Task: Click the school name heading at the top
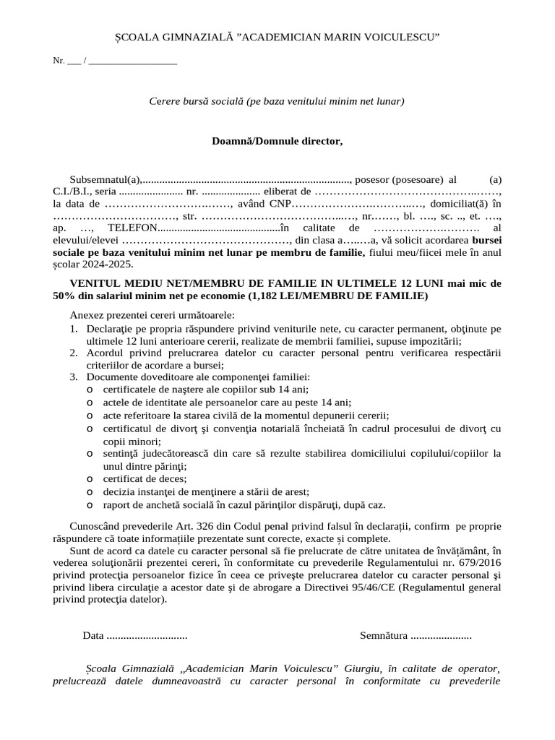[277, 37]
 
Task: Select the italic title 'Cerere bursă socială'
[277, 101]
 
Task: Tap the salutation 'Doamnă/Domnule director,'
[277, 141]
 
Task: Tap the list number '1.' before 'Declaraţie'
[74, 329]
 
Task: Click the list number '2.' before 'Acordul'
[74, 353]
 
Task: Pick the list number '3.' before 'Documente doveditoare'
[74, 377]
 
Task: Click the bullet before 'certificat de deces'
[90, 478]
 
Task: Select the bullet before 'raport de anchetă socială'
[90, 505]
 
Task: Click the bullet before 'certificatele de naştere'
[90, 390]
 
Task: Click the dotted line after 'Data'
[147, 637]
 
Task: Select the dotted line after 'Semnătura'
[441, 637]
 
